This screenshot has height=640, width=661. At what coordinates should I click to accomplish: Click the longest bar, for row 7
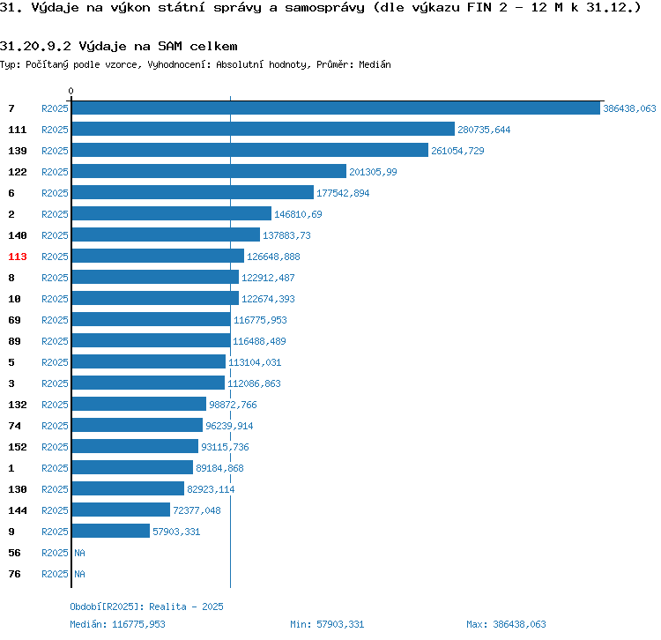[x=335, y=108]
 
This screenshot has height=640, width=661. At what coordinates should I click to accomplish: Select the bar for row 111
[x=263, y=130]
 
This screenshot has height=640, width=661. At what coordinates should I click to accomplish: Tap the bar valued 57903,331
[x=110, y=532]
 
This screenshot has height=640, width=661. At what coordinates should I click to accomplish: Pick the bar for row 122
[x=209, y=172]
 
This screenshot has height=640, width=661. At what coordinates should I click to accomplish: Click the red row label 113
[x=18, y=257]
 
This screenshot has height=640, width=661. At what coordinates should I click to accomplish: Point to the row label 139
[x=18, y=151]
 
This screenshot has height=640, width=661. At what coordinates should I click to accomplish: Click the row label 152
[x=18, y=447]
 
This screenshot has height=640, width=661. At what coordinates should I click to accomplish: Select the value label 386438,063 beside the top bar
[x=629, y=108]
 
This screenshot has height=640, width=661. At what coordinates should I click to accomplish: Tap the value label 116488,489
[x=259, y=341]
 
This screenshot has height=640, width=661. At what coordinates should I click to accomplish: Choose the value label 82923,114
[x=211, y=489]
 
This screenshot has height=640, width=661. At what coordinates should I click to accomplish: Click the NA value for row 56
[x=79, y=553]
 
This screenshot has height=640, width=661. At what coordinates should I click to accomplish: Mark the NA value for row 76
[x=79, y=574]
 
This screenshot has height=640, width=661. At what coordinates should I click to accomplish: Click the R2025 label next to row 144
[x=55, y=510]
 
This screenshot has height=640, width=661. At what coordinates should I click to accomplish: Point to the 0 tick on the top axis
[x=71, y=91]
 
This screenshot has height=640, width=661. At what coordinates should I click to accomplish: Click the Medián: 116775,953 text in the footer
[x=118, y=624]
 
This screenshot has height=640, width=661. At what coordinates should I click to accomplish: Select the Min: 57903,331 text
[x=327, y=624]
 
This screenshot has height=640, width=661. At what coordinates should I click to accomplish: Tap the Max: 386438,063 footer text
[x=506, y=624]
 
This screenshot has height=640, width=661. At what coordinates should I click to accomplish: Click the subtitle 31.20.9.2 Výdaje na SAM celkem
[x=119, y=45]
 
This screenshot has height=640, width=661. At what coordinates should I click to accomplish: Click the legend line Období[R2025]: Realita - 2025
[x=146, y=607]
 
